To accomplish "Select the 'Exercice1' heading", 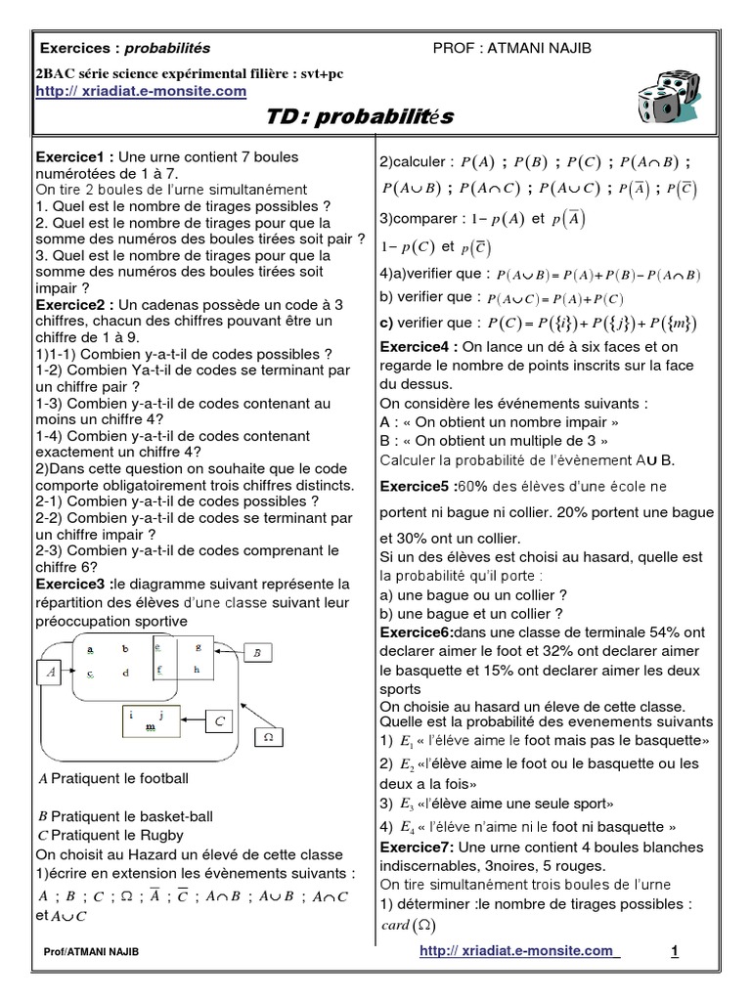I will coord(72,157).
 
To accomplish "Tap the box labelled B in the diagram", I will coord(257,651).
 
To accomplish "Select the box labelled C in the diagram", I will coord(219,721).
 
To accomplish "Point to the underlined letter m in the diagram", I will coord(150,727).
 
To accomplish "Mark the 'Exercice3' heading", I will coord(72,584).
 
